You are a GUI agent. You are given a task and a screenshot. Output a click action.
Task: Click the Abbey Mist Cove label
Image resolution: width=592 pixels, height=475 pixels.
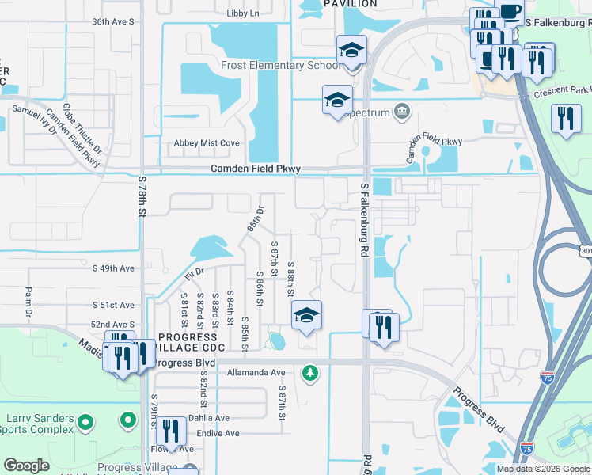207,143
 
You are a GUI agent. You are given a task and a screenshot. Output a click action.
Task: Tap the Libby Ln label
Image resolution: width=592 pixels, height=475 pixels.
242,14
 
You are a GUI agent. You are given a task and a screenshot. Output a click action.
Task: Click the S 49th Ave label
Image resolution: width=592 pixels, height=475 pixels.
113,268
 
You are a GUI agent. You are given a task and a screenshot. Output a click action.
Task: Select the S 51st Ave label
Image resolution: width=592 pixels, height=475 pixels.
113,305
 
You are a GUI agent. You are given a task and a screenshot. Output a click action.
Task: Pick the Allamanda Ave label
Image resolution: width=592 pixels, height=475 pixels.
256,372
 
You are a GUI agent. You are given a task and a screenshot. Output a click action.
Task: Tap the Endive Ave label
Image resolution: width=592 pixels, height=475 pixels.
218,434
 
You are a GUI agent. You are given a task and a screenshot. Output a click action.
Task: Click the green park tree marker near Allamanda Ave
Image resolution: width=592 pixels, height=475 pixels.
311,371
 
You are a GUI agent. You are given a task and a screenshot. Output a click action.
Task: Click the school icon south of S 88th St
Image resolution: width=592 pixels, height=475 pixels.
306,316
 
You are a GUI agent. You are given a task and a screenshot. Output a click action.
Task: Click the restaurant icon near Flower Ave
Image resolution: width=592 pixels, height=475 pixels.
170,431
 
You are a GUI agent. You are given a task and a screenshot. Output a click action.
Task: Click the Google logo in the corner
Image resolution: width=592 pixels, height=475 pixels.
26,465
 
